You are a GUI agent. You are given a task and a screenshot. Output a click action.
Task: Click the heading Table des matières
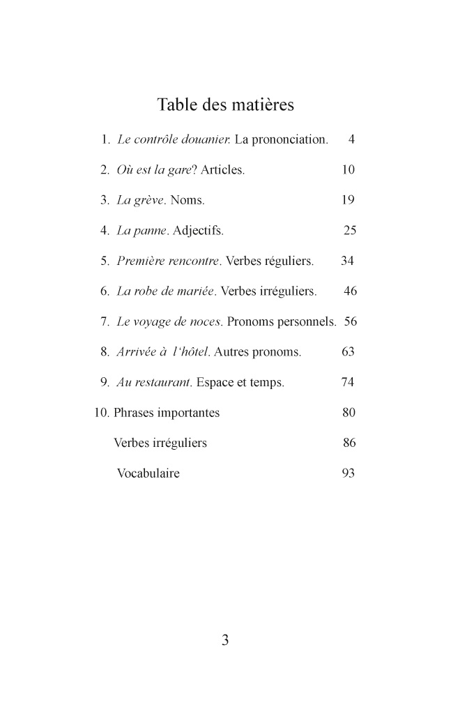(x=225, y=105)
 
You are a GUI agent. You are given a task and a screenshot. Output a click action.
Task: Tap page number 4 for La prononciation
(x=351, y=140)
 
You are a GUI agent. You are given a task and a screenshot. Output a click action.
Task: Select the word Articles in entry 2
(x=222, y=170)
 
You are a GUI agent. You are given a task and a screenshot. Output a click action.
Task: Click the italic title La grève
(x=141, y=201)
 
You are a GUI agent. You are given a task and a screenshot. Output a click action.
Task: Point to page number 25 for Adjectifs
(x=350, y=230)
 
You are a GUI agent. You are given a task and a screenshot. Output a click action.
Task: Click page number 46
(x=350, y=291)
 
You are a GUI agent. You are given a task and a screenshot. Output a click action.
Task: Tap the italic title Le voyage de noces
(x=169, y=322)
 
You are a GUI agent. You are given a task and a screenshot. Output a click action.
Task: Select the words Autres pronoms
(x=258, y=352)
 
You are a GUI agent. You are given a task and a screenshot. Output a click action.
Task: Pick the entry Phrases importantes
(x=167, y=413)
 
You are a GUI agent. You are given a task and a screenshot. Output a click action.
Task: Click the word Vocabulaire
(x=148, y=473)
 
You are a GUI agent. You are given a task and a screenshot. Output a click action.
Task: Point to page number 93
(x=349, y=473)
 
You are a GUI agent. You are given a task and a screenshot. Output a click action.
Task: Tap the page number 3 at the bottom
(x=225, y=640)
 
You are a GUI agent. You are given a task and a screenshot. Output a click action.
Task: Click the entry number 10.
(x=102, y=413)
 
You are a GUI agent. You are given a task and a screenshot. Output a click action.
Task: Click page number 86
(x=350, y=443)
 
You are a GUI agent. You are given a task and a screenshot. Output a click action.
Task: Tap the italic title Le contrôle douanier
(x=174, y=140)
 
